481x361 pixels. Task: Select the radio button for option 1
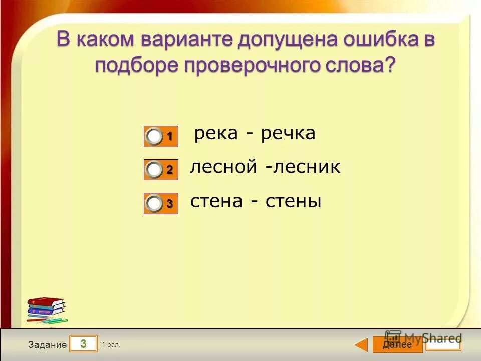pos(155,137)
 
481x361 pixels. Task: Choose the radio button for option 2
pos(155,170)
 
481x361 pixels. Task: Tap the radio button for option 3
pos(155,203)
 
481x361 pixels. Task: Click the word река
pos(215,134)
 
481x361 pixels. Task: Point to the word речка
pos(288,134)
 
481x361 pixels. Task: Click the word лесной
pos(223,167)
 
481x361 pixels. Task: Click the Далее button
pos(397,345)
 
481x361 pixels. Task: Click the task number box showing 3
pos(83,344)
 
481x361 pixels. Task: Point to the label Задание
pos(47,345)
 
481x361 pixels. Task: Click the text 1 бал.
pos(111,344)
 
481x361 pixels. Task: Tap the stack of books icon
pos(47,309)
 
